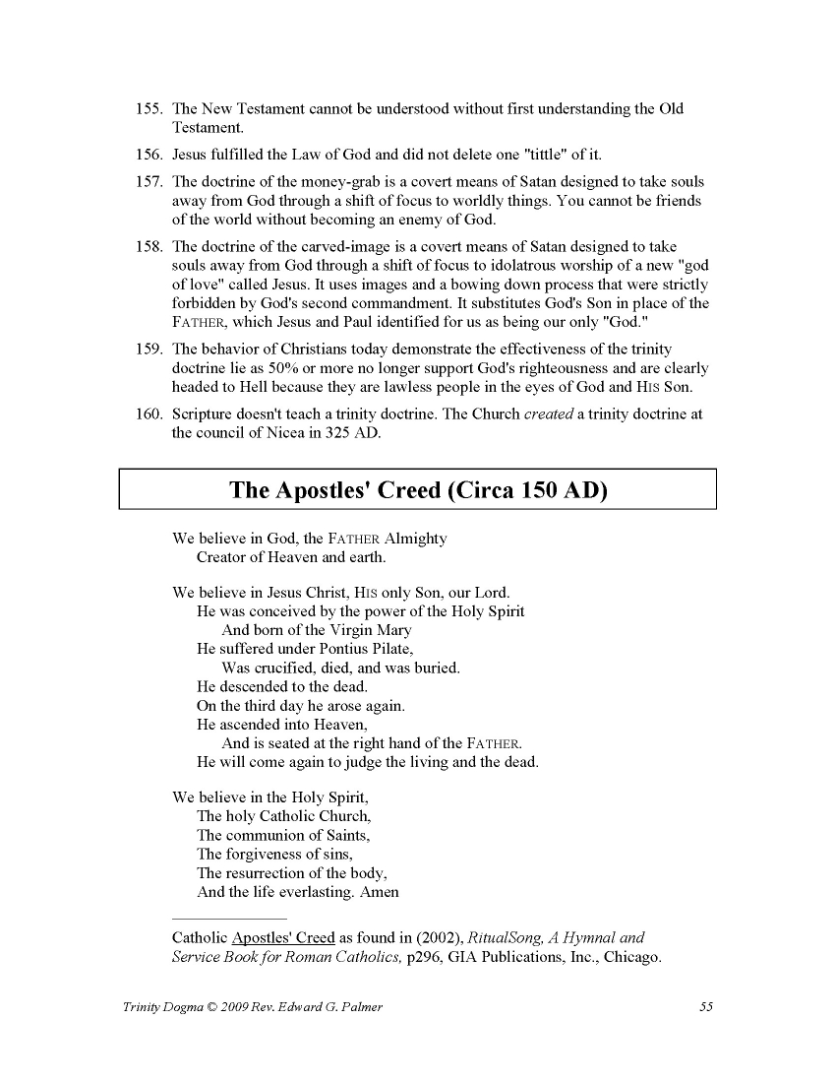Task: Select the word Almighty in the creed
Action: point(416,539)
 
